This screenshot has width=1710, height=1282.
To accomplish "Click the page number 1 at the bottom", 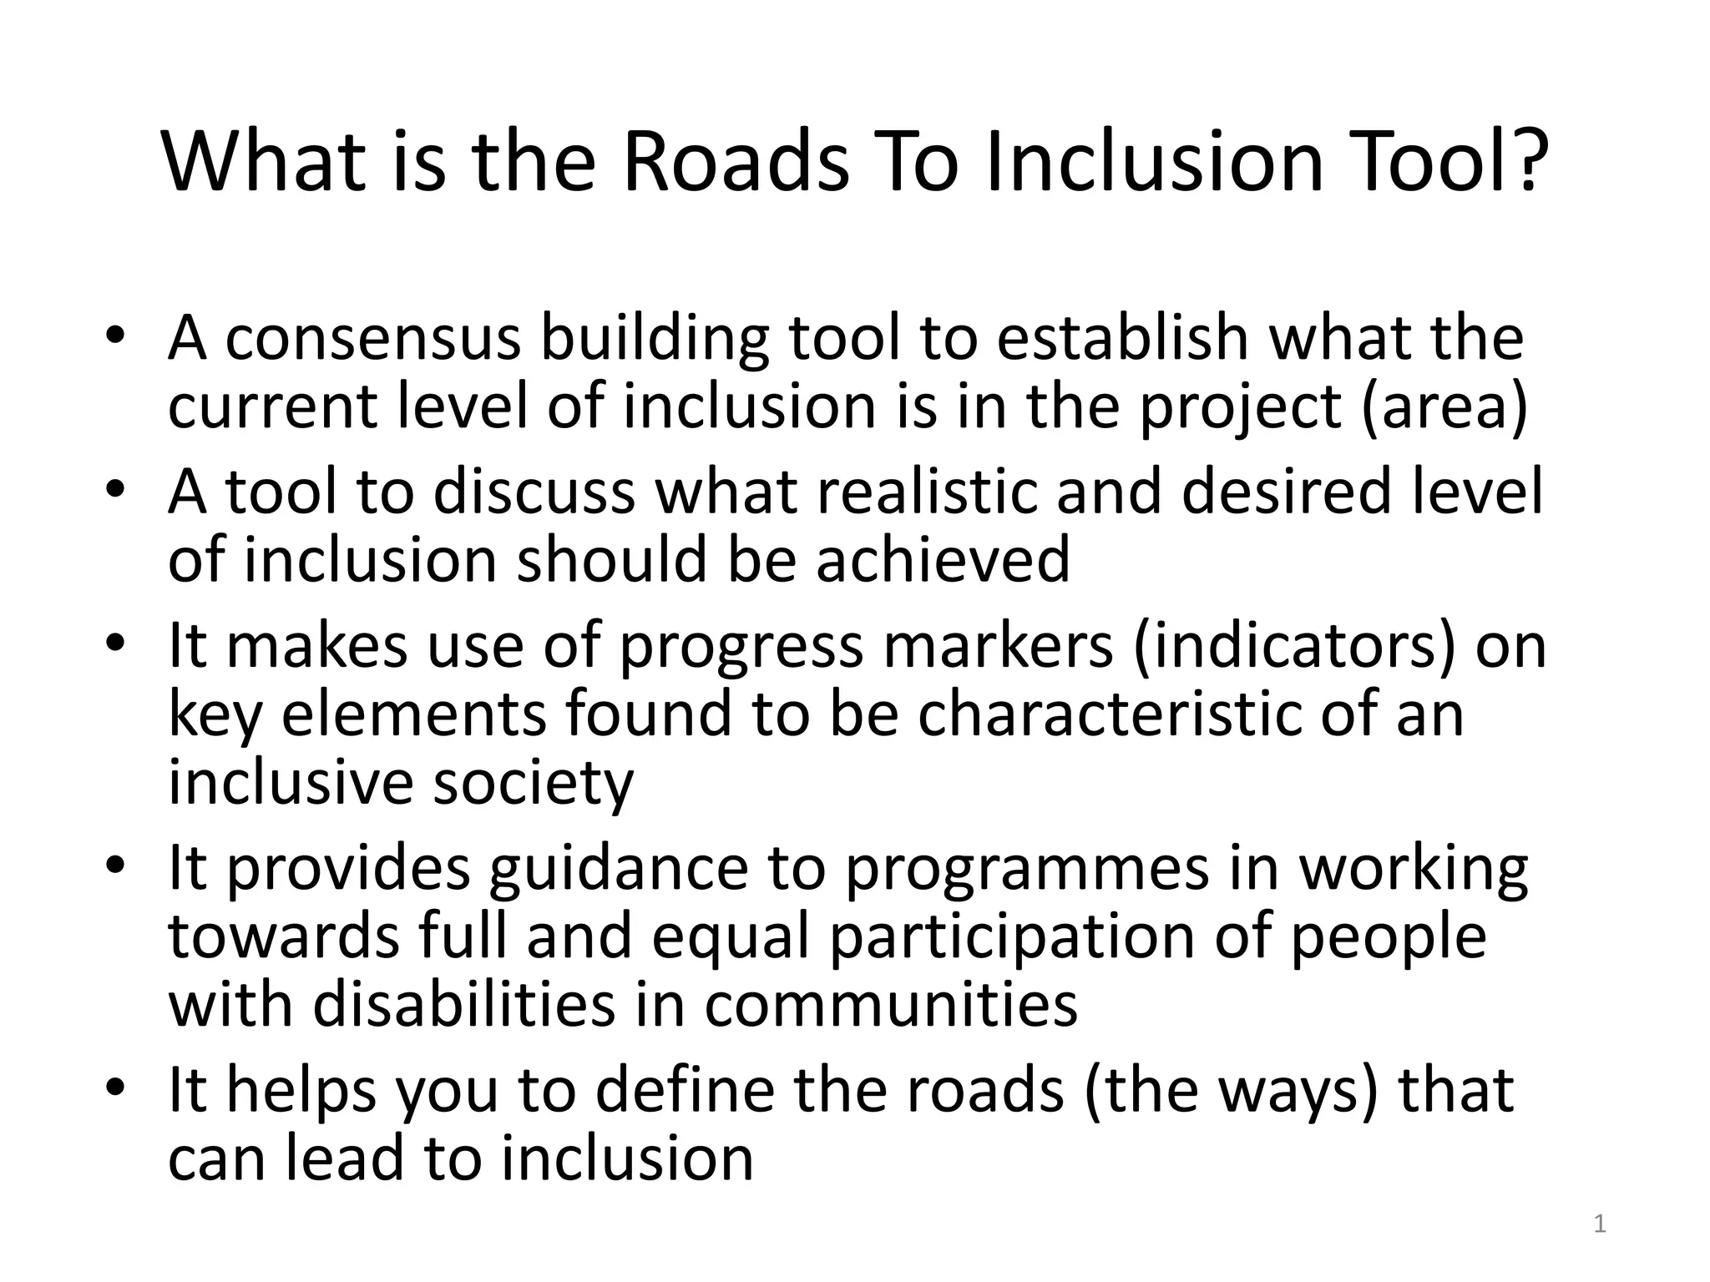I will coord(1600,1224).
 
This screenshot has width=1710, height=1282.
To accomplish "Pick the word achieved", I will coord(943,559).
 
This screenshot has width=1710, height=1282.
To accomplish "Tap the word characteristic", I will coord(1110,714).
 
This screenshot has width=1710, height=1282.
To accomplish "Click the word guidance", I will coord(619,868).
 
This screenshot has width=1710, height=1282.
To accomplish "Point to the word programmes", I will coord(1026,868).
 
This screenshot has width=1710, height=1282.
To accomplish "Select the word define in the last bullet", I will coord(685,1090).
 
